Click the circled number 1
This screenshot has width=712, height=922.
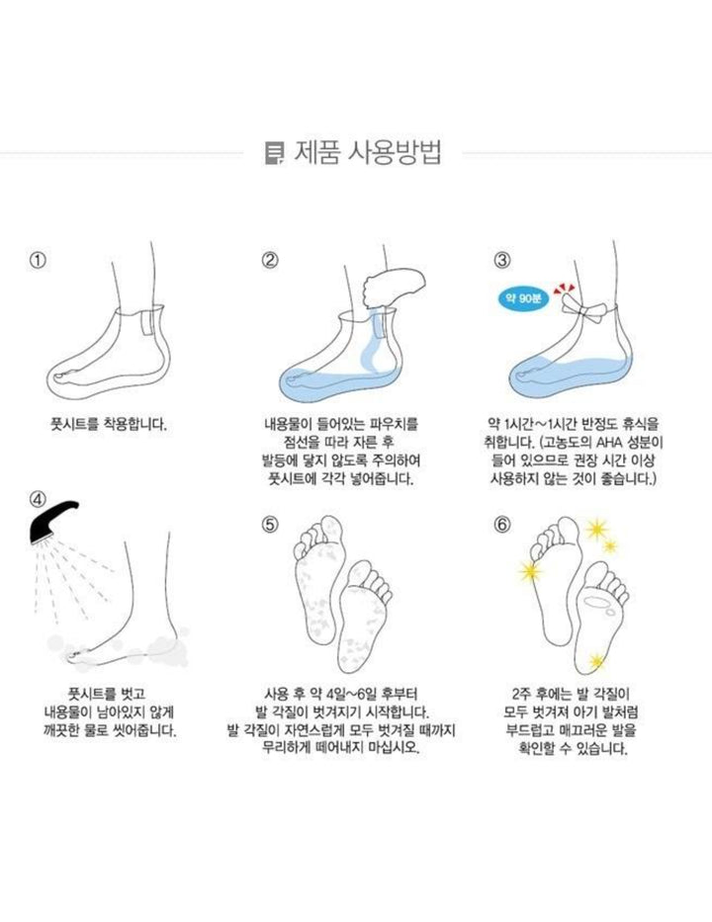[x=38, y=260]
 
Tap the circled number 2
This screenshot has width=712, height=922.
[x=270, y=260]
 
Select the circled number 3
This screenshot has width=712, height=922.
[x=502, y=260]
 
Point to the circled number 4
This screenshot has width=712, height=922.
[x=38, y=499]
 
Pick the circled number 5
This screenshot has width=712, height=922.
[x=270, y=524]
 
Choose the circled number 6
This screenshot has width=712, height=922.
[x=502, y=524]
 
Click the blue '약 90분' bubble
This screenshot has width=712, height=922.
[x=523, y=298]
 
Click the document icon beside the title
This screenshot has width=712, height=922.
[x=274, y=153]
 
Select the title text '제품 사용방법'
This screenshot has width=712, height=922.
[x=367, y=153]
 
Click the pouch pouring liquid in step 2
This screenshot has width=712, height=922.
[x=393, y=288]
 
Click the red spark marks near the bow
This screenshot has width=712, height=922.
[x=565, y=288]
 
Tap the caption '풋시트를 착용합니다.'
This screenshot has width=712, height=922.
[x=108, y=424]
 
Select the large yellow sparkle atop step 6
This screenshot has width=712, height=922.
[x=596, y=530]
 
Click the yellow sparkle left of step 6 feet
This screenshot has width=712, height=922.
[x=531, y=570]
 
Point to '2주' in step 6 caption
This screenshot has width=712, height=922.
[x=522, y=694]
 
